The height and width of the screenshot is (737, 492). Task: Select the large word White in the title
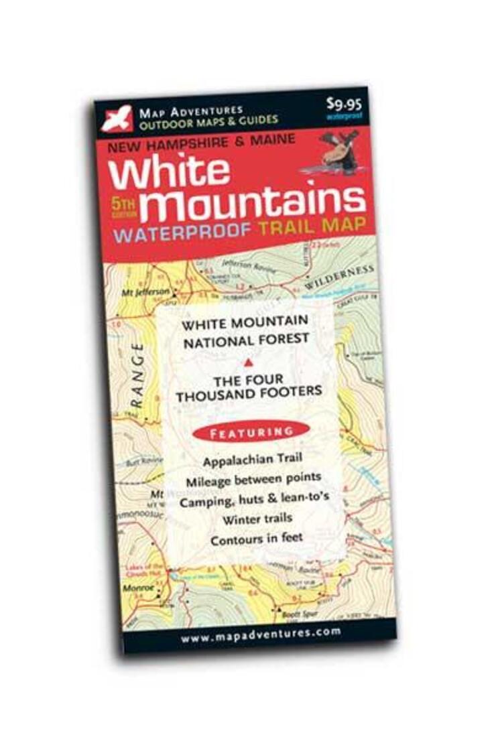click(169, 172)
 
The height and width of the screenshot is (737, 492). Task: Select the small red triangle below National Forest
click(248, 362)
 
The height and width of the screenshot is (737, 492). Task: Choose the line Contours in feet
click(257, 537)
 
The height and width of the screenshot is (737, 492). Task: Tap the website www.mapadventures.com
click(260, 633)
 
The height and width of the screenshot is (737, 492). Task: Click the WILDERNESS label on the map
click(339, 275)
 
